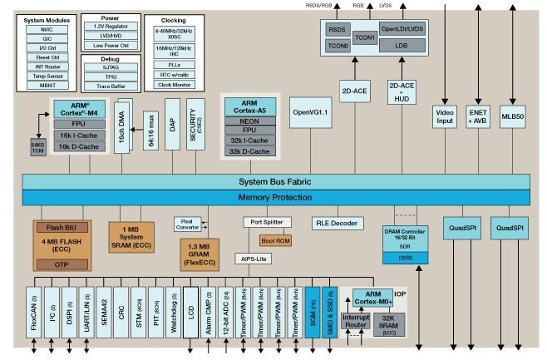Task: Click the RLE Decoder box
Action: click(x=338, y=223)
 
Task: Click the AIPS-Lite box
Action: click(x=254, y=259)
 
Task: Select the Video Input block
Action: click(x=445, y=117)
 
